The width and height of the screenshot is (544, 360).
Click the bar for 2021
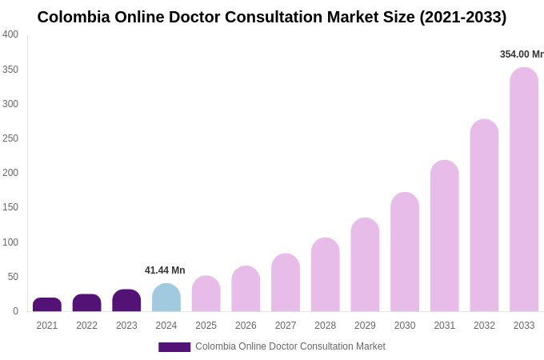pyautogui.click(x=47, y=305)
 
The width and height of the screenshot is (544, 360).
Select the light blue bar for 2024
pyautogui.click(x=166, y=298)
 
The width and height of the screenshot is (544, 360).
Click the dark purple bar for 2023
pyautogui.click(x=126, y=301)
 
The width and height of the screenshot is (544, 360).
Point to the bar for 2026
pyautogui.click(x=246, y=289)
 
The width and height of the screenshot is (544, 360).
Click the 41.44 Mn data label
pyautogui.click(x=165, y=270)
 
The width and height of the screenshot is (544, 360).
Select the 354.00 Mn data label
pyautogui.click(x=522, y=54)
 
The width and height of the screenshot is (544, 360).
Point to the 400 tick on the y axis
pyautogui.click(x=10, y=34)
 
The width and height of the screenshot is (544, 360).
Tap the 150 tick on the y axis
pyautogui.click(x=10, y=207)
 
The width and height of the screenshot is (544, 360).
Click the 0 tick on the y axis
pyautogui.click(x=15, y=311)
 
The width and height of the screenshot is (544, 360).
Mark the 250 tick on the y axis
pyautogui.click(x=10, y=138)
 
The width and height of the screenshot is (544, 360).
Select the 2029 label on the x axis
pyautogui.click(x=365, y=326)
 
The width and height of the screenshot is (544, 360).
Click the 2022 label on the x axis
pyautogui.click(x=86, y=326)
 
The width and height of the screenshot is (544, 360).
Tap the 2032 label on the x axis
pyautogui.click(x=484, y=326)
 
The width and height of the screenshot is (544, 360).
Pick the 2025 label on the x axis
pyautogui.click(x=206, y=326)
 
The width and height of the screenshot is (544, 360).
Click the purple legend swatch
pyautogui.click(x=174, y=347)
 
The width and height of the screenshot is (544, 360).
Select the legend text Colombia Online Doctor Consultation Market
pyautogui.click(x=290, y=346)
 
